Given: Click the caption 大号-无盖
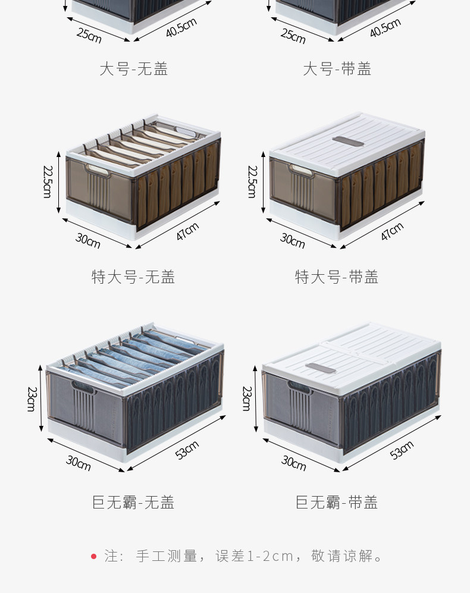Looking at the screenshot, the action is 134,69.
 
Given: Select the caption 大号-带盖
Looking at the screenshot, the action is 337,69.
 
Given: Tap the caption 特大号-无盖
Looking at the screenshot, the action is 133,277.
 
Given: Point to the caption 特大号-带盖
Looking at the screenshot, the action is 337,277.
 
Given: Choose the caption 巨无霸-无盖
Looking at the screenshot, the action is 133,502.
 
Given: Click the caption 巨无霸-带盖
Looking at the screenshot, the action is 337,502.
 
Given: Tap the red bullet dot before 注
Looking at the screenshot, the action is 94,556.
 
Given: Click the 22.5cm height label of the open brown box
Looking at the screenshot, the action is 47,181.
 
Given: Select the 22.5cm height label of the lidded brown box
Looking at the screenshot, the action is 252,181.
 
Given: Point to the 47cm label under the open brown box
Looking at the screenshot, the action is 187,231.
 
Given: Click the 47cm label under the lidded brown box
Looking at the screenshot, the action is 392,231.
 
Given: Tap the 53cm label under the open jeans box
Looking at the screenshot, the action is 187,450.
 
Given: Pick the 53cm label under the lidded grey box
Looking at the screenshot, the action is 402,450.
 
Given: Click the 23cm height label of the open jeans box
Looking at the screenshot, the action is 32,399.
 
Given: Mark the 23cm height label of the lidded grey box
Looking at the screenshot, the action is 247,399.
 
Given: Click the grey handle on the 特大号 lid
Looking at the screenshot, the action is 348,142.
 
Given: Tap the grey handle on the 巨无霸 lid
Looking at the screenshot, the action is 321,369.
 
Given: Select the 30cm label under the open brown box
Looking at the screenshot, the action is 88,240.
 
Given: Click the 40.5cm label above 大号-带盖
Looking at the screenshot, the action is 386,27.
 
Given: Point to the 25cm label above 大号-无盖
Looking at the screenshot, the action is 89,35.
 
